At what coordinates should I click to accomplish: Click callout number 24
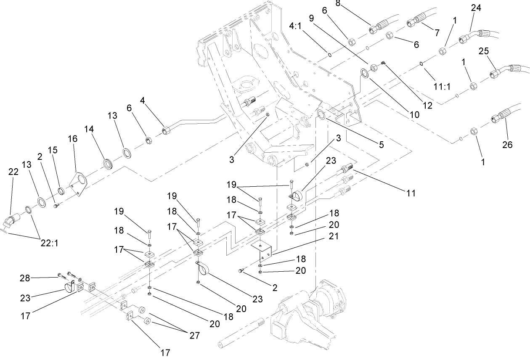[x=476, y=8]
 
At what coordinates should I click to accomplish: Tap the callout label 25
[x=483, y=51]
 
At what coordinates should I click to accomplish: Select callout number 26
[x=507, y=144]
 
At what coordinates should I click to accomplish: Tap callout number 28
[x=26, y=278]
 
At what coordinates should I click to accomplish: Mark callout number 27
[x=194, y=335]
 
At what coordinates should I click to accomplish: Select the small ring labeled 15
[x=61, y=192]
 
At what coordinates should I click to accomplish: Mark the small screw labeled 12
[x=383, y=63]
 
